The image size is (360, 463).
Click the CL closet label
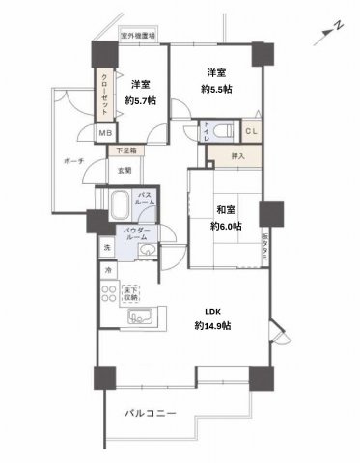249,132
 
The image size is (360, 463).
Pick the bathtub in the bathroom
120,206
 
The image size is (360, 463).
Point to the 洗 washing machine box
107,249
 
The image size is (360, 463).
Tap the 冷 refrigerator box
108,271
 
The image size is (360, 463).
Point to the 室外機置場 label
139,36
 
